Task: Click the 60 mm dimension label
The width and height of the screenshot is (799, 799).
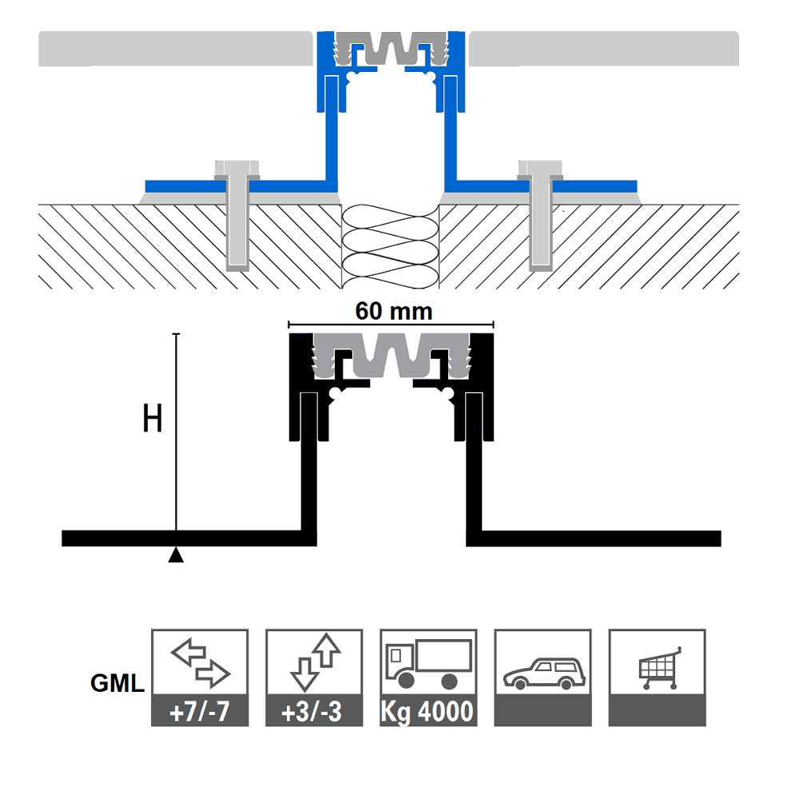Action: click(393, 312)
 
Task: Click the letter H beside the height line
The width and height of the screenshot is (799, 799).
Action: click(152, 419)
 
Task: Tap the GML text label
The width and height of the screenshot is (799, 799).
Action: click(117, 684)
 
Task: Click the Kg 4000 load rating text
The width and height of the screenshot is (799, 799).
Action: click(428, 711)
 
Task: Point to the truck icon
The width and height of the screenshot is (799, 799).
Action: click(427, 663)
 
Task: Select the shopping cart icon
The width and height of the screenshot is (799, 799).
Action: click(658, 668)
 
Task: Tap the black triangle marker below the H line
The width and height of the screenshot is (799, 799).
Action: click(176, 555)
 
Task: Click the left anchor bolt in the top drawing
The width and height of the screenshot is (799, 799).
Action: click(237, 216)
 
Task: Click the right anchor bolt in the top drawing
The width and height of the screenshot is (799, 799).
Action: click(541, 216)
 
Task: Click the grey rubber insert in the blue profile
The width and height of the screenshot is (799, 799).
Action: click(392, 48)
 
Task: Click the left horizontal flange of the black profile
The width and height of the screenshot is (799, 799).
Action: click(184, 538)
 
